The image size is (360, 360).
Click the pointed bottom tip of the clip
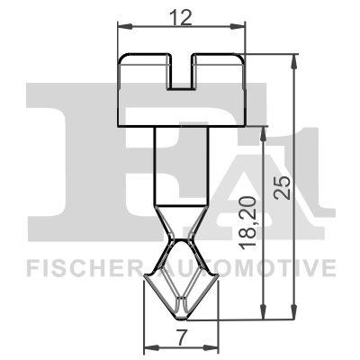[183, 314]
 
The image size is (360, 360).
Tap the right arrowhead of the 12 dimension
[242, 29]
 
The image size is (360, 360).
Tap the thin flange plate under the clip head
[183, 125]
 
